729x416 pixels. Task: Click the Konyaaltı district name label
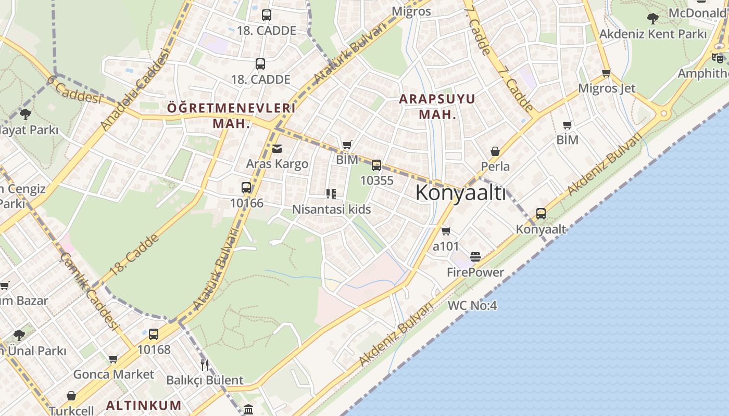tap(460, 193)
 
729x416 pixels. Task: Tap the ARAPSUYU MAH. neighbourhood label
tap(437, 107)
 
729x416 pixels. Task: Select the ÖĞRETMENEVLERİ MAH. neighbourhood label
tap(231, 115)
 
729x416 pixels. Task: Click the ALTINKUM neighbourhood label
tap(144, 405)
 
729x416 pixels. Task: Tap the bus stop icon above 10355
tap(376, 166)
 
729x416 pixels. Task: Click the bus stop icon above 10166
tap(246, 188)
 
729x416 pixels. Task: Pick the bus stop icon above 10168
tap(154, 334)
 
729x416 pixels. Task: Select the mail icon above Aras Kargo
tap(277, 149)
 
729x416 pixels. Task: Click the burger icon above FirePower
tap(475, 257)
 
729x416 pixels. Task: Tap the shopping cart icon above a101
tap(446, 231)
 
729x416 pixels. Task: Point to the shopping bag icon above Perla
tap(495, 152)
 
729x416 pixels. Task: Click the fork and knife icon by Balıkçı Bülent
tap(205, 365)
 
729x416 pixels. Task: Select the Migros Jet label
tap(607, 88)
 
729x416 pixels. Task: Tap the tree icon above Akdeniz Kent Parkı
tap(652, 19)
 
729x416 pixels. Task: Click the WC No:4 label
tap(472, 306)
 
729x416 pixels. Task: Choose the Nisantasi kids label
tap(331, 209)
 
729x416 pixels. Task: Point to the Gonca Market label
tap(114, 374)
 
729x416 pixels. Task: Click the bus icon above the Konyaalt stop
tap(541, 214)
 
